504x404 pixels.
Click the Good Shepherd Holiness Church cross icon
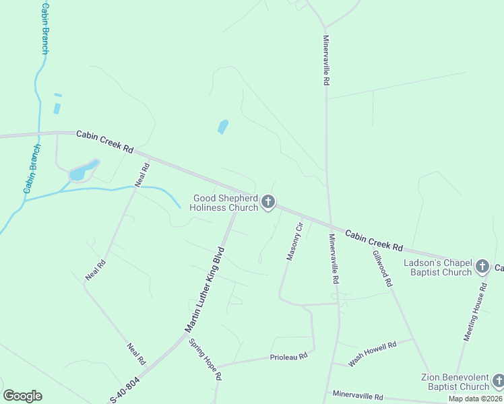(x=268, y=201)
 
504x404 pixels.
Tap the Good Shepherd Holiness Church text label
(x=225, y=203)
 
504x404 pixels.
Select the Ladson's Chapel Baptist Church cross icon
(x=482, y=267)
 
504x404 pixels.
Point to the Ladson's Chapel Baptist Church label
(x=438, y=267)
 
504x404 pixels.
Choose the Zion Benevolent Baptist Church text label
(x=455, y=382)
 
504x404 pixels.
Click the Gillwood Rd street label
(x=382, y=269)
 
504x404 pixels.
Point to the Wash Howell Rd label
(x=372, y=353)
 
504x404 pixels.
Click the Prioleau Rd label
(x=288, y=356)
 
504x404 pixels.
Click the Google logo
(x=22, y=396)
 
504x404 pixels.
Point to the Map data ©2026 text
(x=476, y=399)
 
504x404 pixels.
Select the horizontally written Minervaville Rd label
(x=357, y=395)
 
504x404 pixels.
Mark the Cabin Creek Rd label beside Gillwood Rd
(x=374, y=238)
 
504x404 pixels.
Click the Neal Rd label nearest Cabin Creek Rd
(x=141, y=175)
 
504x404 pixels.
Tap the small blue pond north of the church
(x=223, y=127)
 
